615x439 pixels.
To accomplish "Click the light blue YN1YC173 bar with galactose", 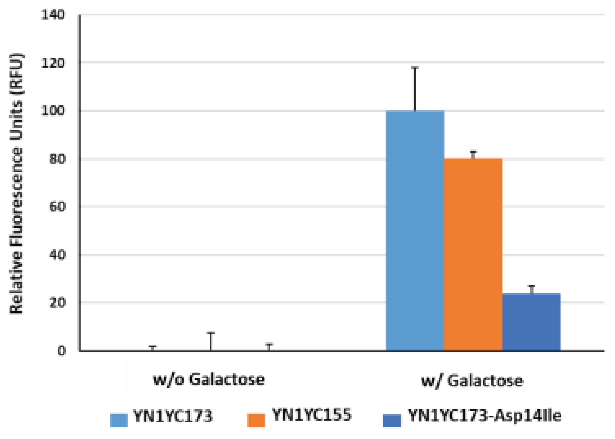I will [415, 230].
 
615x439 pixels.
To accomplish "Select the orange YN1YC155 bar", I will [473, 254].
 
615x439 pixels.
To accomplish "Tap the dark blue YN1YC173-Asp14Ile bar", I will [531, 322].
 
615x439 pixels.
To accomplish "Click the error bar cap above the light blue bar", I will [415, 68].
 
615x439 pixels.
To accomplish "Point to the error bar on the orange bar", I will [473, 155].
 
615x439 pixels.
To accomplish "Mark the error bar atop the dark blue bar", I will [531, 289].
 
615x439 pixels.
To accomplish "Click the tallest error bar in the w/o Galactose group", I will [211, 341].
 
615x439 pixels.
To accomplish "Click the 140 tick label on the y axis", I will [53, 15].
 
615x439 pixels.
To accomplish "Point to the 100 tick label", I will [53, 111].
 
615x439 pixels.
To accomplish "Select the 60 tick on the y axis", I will [57, 207].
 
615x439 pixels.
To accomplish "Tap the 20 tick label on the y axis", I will [57, 303].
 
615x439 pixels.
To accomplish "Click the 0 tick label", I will [62, 351].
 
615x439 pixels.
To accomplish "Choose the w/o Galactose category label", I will [208, 379].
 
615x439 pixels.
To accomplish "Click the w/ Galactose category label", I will [472, 381].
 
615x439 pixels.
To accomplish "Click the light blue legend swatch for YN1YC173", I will [119, 420].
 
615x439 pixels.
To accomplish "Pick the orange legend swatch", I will [256, 420].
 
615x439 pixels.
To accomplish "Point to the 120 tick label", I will [53, 63].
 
